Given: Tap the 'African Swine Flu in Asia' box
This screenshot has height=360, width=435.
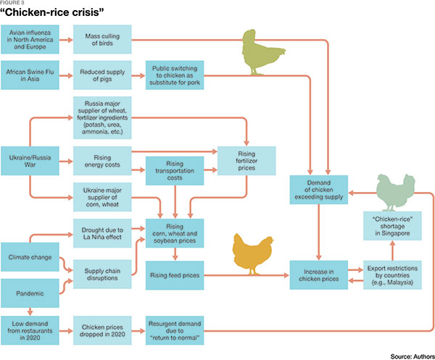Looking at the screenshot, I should (30, 75).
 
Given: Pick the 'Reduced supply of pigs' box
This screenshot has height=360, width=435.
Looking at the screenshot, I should (102, 75).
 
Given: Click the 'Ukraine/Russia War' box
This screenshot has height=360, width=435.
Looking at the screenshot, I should (30, 158).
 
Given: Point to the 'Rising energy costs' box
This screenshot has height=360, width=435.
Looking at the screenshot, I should (102, 158).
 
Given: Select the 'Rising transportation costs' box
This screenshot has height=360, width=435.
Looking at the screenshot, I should (174, 169).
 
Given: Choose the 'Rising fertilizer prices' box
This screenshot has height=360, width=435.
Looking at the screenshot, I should (247, 158).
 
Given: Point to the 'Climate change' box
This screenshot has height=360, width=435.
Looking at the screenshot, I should (30, 257).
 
